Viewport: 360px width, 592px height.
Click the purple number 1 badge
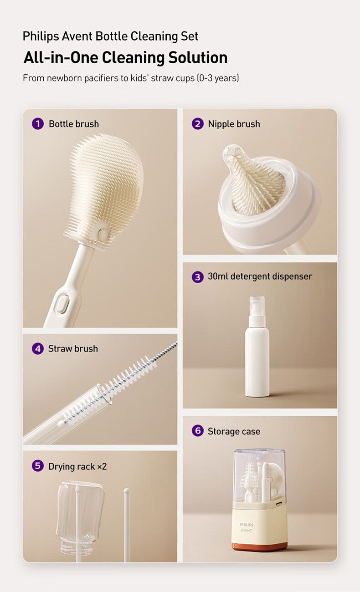(x=38, y=123)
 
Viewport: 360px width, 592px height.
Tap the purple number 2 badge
(x=197, y=123)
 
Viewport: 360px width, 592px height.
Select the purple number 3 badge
(x=197, y=276)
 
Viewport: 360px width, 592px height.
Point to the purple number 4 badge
(x=38, y=348)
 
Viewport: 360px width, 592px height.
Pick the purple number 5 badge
(x=38, y=466)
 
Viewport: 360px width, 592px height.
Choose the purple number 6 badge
(x=197, y=431)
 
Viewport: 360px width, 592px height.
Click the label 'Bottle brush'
(x=74, y=124)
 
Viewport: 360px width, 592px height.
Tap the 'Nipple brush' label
(x=234, y=124)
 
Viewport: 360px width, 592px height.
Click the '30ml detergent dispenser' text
(x=260, y=276)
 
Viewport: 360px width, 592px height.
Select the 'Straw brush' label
(x=73, y=349)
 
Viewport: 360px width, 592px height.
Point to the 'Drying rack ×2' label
(x=77, y=466)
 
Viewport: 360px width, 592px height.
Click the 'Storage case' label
(x=234, y=431)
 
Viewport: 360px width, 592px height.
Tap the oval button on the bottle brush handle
(x=62, y=304)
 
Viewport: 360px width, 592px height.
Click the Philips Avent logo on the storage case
(x=247, y=527)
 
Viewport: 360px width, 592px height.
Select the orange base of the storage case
(x=259, y=546)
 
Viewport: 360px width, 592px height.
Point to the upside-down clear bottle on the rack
(x=80, y=515)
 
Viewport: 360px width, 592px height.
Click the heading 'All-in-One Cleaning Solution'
(x=125, y=58)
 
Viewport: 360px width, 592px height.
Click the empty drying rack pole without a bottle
(x=127, y=524)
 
